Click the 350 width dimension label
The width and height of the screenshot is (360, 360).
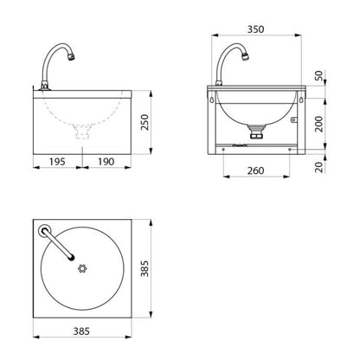coord(255,29)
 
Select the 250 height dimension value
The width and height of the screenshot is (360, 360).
coord(145,122)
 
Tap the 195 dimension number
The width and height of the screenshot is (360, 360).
coord(57,162)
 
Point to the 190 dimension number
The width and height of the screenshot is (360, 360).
coord(106,162)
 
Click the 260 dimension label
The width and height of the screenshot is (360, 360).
coord(255,170)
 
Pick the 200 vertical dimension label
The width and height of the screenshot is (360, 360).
coord(319,124)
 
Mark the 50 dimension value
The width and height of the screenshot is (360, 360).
coord(319,76)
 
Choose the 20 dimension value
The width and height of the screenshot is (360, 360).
coord(319,167)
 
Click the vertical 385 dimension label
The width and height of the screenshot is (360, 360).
coord(145,268)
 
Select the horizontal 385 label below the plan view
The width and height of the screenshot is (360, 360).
coord(81,331)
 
